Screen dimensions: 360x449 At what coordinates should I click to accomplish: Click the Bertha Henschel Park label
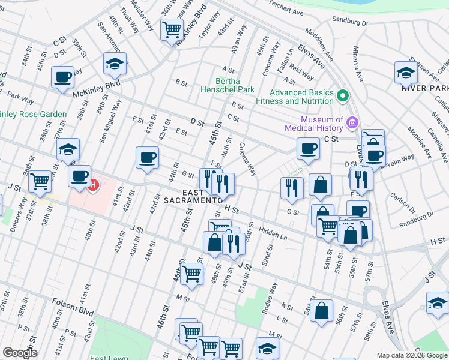click(228, 85)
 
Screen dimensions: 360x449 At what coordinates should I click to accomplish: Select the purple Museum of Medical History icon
click(352, 124)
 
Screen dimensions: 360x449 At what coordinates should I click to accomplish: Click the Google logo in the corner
click(20, 353)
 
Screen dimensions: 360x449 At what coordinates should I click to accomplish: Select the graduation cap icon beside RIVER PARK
click(406, 71)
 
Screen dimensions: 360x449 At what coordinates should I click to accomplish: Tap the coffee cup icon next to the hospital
click(79, 176)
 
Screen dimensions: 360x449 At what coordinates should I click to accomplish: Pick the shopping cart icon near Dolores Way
click(40, 180)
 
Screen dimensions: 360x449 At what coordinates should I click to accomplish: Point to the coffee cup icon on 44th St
click(147, 157)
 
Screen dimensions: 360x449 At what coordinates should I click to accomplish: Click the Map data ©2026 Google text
click(412, 355)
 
